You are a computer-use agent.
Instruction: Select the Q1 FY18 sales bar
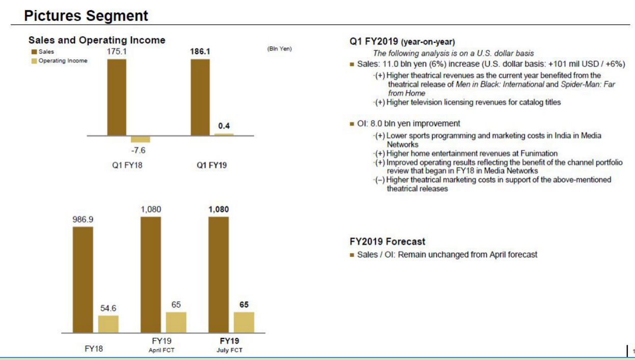click(x=116, y=97)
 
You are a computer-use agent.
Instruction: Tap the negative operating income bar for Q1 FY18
click(x=141, y=139)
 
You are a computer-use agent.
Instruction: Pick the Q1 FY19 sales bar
click(x=200, y=97)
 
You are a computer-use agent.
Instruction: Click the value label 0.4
click(x=224, y=125)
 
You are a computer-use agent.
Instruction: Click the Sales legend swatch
click(x=33, y=52)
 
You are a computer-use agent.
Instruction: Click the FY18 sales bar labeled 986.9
click(x=83, y=279)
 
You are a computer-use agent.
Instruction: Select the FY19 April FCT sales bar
click(x=151, y=274)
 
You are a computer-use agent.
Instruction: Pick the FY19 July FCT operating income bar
click(x=244, y=322)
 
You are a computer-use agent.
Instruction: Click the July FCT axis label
click(x=229, y=350)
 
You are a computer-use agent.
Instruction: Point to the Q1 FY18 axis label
click(x=127, y=165)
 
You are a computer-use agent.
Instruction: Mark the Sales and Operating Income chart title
click(x=97, y=40)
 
